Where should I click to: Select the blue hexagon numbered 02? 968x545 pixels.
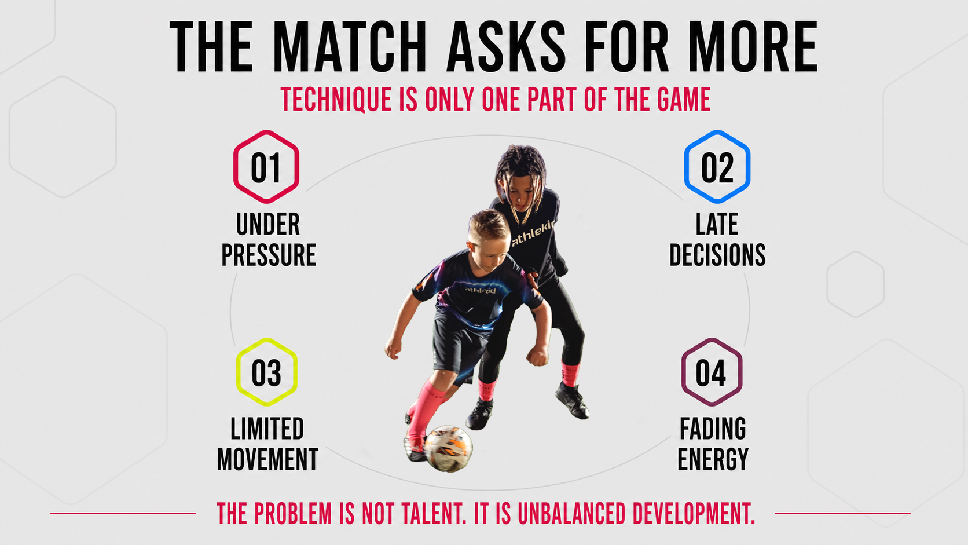[686, 167]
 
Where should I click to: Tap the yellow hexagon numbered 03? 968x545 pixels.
[237, 372]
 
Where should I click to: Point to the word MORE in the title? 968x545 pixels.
[753, 47]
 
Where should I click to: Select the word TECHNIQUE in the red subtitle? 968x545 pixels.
[336, 99]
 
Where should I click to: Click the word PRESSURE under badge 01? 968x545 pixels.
[269, 255]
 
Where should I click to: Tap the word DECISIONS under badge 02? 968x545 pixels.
[717, 255]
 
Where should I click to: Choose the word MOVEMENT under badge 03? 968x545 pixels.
[267, 459]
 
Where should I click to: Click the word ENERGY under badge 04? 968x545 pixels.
[713, 459]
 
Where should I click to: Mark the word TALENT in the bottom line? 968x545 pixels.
[434, 514]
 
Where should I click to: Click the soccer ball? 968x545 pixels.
[448, 449]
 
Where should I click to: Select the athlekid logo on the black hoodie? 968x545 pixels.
[533, 232]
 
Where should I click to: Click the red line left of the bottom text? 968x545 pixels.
[123, 514]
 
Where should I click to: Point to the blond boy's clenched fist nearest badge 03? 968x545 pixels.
[393, 348]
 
